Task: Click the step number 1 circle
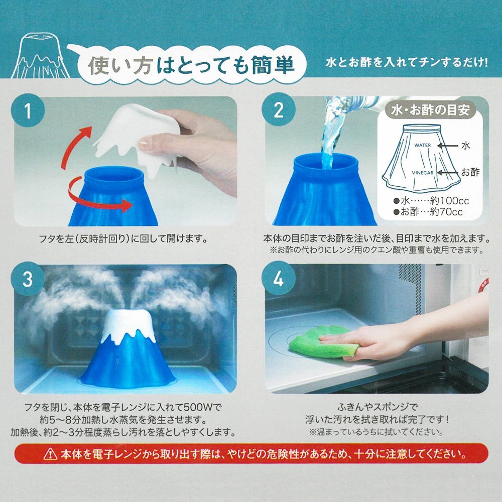click(28, 110)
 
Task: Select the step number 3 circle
click(28, 279)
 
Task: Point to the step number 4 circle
click(278, 279)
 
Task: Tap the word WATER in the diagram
click(422, 145)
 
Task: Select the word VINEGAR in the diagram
click(422, 173)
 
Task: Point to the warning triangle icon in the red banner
click(50, 454)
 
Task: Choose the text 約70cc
click(446, 212)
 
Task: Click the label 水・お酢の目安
click(430, 110)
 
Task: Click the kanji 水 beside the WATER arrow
click(466, 146)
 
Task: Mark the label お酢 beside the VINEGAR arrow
click(470, 172)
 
